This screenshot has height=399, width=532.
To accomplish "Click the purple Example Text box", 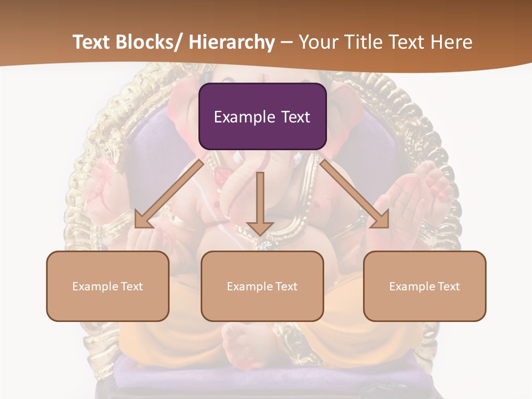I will [262, 116].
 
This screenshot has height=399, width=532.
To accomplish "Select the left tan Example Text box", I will [108, 286].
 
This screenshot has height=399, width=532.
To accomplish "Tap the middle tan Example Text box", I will [262, 286].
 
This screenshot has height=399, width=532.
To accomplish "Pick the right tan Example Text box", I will [424, 286].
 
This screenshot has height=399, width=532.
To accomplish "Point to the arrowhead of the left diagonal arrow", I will [143, 219].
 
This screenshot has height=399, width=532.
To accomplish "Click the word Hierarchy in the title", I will [232, 42].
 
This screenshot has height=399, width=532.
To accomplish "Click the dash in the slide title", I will [287, 42].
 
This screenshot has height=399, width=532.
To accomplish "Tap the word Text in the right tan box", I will [449, 287].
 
